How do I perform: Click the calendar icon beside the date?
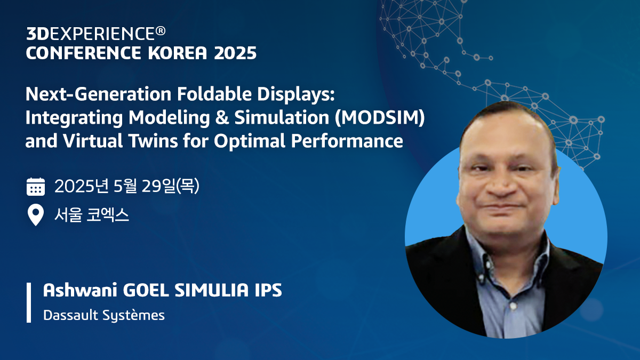tap(36, 187)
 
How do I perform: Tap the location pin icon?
tap(36, 216)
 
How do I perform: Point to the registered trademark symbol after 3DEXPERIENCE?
tap(160, 32)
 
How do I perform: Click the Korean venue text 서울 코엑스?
tap(92, 216)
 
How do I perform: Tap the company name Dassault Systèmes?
tap(103, 315)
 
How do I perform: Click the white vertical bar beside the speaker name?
tap(29, 302)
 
